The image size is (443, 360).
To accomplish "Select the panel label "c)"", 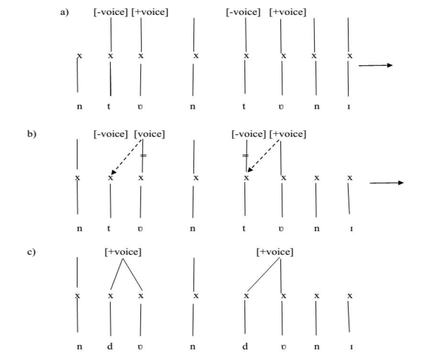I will click(32, 251).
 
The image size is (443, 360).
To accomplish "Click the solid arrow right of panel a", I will click(375, 66).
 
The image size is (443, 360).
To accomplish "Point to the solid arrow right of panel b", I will click(387, 182).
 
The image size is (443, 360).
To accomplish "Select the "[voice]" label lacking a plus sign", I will click(150, 134).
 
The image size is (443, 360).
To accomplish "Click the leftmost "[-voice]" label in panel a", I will click(110, 12).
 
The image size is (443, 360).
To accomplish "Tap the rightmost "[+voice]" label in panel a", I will click(288, 12).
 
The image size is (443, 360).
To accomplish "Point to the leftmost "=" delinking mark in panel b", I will click(143, 156).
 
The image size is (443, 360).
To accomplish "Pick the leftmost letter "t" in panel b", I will click(109, 228).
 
